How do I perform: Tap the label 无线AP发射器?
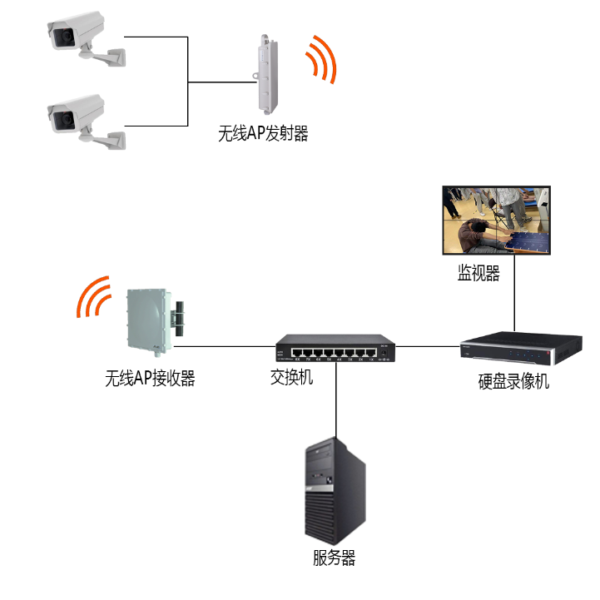(x=262, y=133)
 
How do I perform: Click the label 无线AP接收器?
(x=150, y=379)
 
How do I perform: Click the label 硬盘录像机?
(x=513, y=382)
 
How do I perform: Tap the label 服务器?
(x=335, y=558)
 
